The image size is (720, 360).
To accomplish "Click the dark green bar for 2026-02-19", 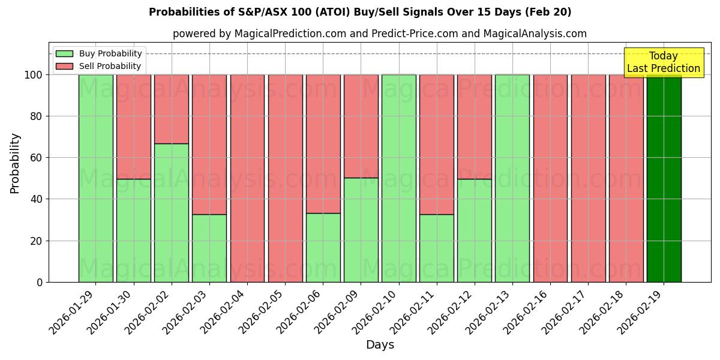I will point(664,178).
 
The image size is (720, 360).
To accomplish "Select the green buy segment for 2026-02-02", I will point(172,212).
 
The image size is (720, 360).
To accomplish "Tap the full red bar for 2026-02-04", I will point(247,178).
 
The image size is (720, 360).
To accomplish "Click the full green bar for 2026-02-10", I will point(398,178).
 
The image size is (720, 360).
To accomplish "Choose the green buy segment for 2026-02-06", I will point(323,247).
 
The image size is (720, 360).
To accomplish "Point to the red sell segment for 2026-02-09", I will point(361,126).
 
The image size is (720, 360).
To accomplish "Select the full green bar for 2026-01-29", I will point(96,178).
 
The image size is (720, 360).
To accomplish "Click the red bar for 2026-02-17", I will point(588,178).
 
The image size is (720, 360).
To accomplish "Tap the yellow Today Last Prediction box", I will point(664,62).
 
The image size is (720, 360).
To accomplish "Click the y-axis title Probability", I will point(15,163).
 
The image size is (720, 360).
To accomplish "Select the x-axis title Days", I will point(380,345).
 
